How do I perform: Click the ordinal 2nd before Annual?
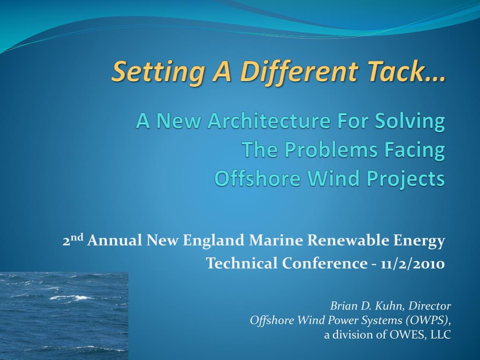[x=73, y=240]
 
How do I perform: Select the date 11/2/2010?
[x=412, y=263]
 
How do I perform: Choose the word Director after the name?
[x=430, y=306]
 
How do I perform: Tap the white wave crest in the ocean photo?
[x=71, y=297]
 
